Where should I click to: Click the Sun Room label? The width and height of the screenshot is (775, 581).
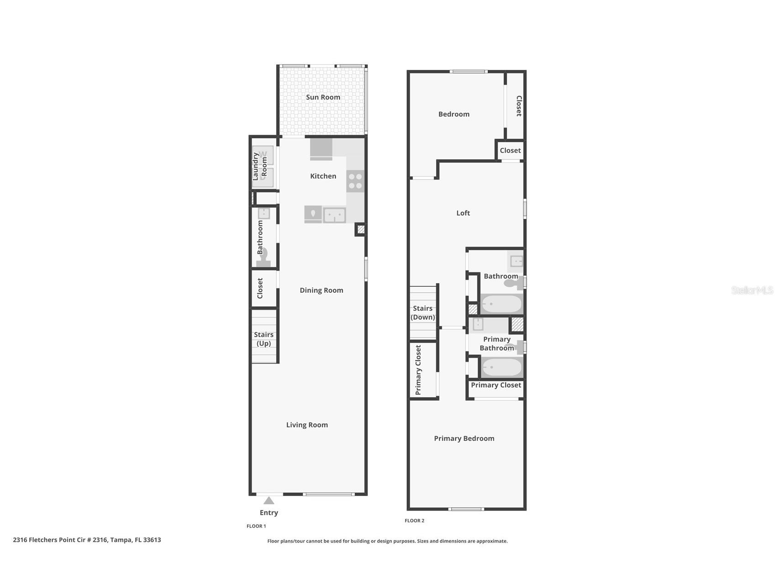click(x=323, y=97)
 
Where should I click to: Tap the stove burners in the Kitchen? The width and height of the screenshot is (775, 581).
click(x=355, y=181)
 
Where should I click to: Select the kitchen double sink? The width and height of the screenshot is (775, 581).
click(x=334, y=215)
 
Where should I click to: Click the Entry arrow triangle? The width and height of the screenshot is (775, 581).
click(x=269, y=501)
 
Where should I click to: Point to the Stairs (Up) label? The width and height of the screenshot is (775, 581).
click(x=264, y=339)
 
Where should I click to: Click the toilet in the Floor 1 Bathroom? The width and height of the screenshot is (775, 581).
click(x=264, y=257)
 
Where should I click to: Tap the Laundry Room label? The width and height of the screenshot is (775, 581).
click(x=260, y=167)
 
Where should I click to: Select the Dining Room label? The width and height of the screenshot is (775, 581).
click(x=321, y=290)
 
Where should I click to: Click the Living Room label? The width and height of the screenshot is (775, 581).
click(x=307, y=425)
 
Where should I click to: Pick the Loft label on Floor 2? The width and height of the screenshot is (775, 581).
click(x=463, y=213)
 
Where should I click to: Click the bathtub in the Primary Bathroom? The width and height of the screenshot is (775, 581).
click(x=501, y=367)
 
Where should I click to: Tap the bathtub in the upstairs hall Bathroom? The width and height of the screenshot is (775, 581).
click(x=501, y=304)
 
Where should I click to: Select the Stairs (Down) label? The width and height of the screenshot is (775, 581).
click(x=422, y=313)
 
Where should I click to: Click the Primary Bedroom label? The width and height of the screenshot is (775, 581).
click(x=464, y=438)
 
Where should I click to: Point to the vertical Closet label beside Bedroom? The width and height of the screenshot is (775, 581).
click(x=519, y=106)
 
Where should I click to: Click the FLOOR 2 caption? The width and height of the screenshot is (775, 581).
click(x=414, y=521)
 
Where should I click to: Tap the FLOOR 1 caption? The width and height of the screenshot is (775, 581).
click(x=256, y=526)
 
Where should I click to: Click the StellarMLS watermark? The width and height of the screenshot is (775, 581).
click(x=752, y=290)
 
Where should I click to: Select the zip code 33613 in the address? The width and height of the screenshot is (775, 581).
click(x=152, y=540)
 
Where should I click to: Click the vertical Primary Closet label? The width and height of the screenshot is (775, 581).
click(x=418, y=370)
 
